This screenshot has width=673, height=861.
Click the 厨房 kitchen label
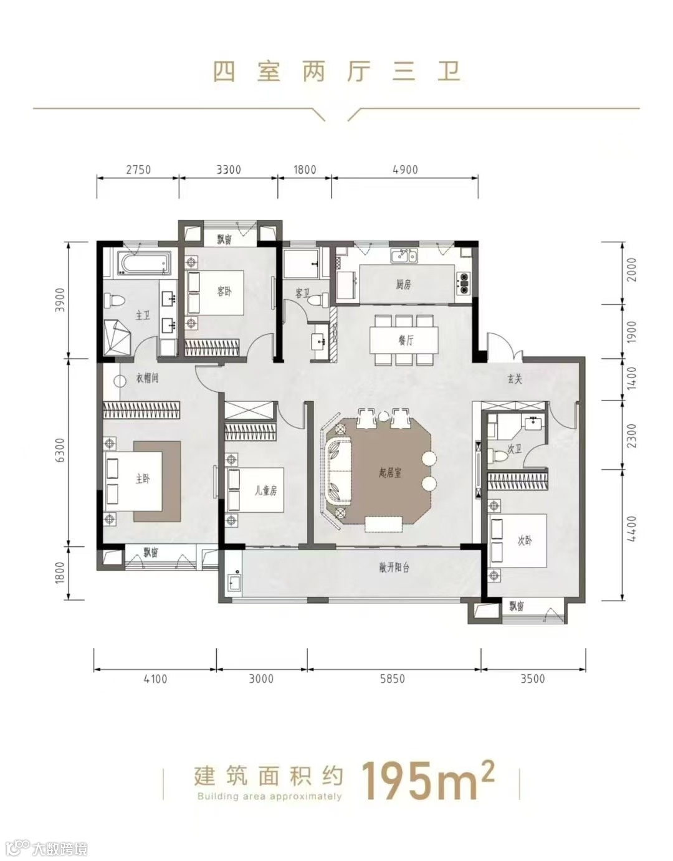pyautogui.click(x=403, y=284)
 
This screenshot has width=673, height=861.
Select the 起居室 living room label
pyautogui.click(x=389, y=473)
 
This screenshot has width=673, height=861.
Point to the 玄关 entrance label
pyautogui.click(x=515, y=379)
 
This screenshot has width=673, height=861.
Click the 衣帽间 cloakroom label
pyautogui.click(x=147, y=378)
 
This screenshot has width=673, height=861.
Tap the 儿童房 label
pyautogui.click(x=266, y=491)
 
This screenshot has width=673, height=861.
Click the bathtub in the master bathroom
pyautogui.click(x=143, y=263)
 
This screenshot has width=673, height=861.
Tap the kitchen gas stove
pyautogui.click(x=462, y=283)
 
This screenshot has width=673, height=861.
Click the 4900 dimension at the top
pyautogui.click(x=405, y=169)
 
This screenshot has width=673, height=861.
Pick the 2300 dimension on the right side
pyautogui.click(x=632, y=436)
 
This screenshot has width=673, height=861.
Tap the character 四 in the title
pyautogui.click(x=224, y=72)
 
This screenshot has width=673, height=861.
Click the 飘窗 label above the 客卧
pyautogui.click(x=224, y=240)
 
